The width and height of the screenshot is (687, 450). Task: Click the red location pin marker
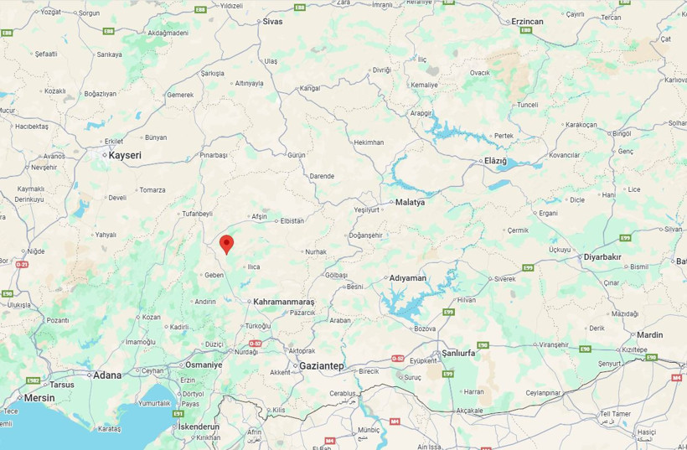tap(226, 244)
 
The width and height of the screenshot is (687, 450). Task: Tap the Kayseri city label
tap(125, 156)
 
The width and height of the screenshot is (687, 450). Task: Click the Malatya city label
tap(411, 203)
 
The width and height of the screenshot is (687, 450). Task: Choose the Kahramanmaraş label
tap(283, 302)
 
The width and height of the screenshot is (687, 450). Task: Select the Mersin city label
tap(39, 397)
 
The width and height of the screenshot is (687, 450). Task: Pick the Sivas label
tap(273, 21)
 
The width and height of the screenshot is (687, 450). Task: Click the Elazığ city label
tap(495, 160)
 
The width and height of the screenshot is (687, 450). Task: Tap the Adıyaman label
tap(409, 277)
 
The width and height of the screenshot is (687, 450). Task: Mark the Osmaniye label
tap(204, 365)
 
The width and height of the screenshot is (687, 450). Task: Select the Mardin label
tap(649, 335)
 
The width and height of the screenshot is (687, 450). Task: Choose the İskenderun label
tap(199, 427)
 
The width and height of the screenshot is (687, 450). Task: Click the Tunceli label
tap(528, 105)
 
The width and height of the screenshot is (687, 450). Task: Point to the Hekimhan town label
tap(369, 142)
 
